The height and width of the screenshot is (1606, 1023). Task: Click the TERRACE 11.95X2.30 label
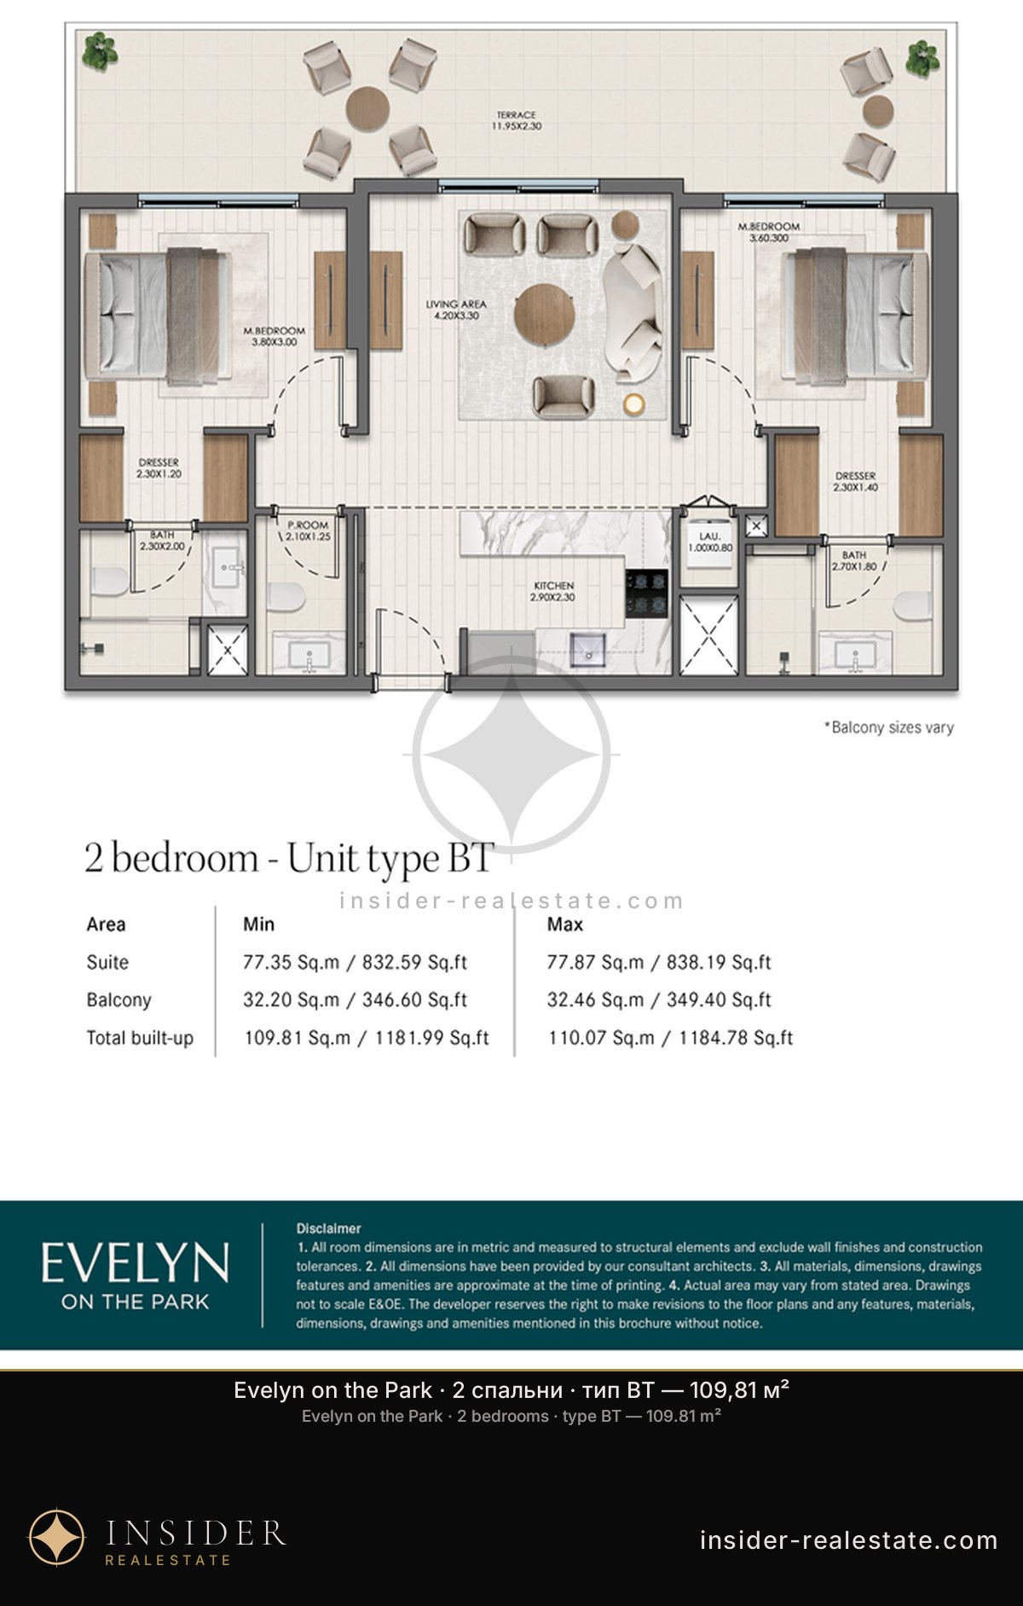516,120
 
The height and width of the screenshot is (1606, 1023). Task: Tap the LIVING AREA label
456,304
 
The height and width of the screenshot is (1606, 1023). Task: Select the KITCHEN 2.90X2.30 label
554,591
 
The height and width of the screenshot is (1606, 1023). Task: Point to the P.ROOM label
308,525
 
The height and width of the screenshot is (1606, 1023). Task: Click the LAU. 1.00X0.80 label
710,542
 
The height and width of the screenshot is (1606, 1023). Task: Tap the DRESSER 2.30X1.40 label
855,481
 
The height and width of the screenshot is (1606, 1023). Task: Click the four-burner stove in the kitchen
646,594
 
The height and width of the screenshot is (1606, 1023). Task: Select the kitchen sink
587,650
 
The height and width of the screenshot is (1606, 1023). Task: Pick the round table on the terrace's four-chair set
368,108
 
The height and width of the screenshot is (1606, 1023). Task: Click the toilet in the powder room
286,597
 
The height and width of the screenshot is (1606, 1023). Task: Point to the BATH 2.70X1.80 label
854,560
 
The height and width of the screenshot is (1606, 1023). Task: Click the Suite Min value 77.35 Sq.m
292,962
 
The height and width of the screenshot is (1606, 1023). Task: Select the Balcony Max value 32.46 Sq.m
596,1000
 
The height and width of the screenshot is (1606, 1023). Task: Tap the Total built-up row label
140,1038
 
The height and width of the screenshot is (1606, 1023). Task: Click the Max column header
565,924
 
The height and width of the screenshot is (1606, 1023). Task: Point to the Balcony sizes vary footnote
888,728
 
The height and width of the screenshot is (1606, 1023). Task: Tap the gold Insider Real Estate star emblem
57,1538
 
